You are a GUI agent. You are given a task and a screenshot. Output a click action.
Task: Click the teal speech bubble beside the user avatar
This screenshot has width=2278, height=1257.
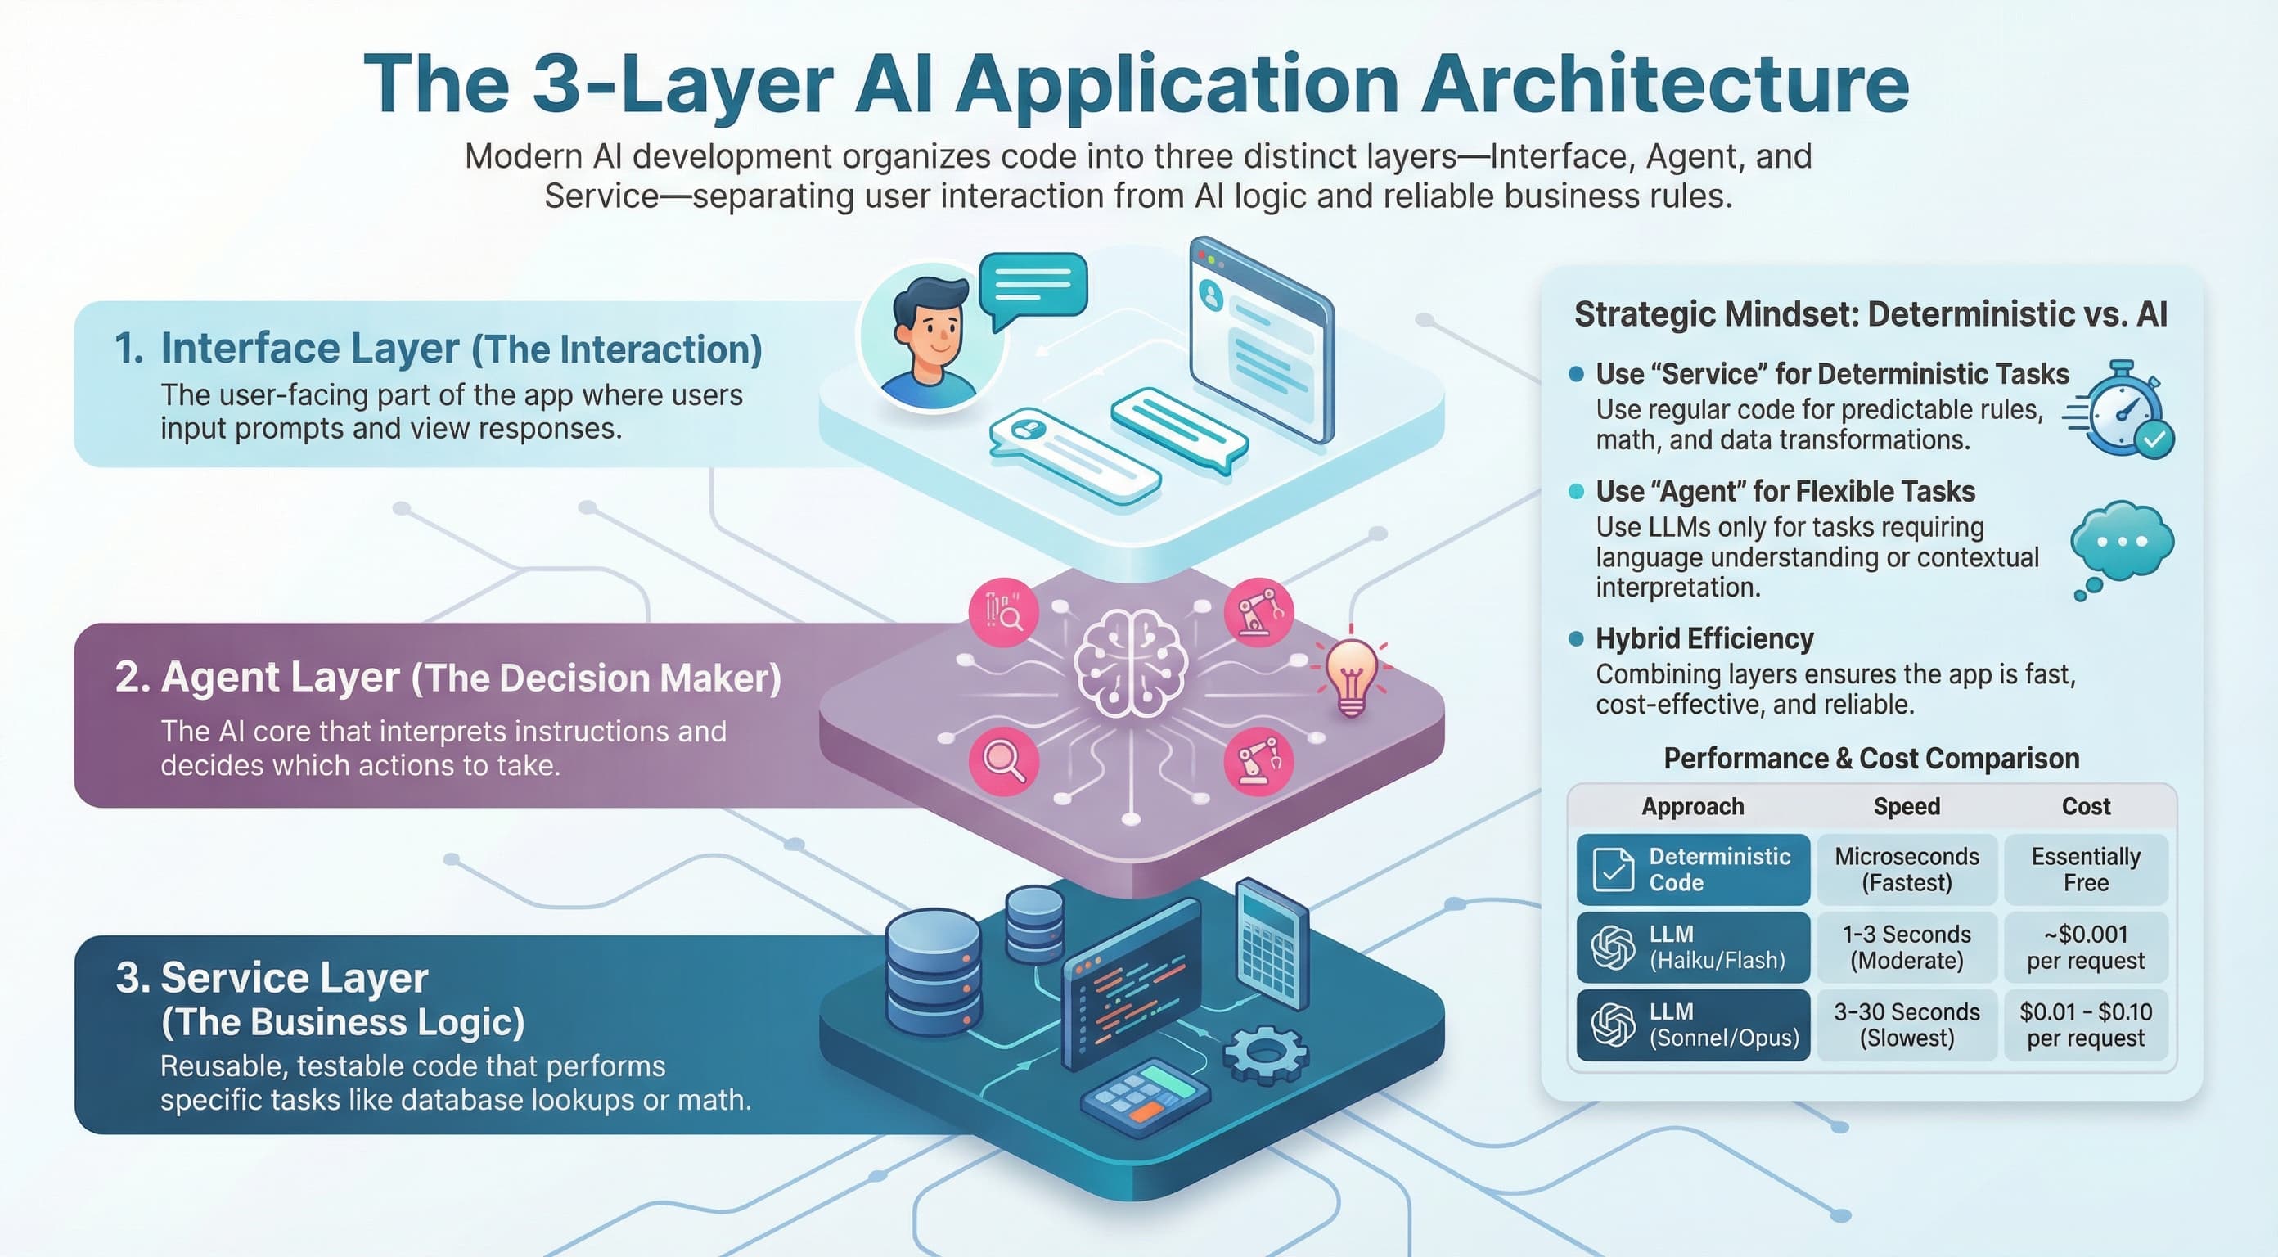tap(1033, 286)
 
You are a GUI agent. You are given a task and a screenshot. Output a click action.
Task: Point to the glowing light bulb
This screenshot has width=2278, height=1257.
tap(1350, 677)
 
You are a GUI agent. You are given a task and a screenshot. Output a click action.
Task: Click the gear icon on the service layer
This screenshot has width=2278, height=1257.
tap(1266, 1053)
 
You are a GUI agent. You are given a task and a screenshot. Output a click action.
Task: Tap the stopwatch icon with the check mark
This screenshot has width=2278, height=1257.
tap(2123, 409)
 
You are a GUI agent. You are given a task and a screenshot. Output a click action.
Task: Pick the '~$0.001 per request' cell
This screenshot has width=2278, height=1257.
tap(2085, 947)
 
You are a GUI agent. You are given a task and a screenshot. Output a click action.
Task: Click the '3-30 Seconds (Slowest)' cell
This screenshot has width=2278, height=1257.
tap(1907, 1025)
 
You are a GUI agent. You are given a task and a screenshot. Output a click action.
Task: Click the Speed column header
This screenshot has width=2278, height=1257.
tap(1907, 806)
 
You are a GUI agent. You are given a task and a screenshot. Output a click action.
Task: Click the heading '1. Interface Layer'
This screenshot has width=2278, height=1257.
tap(286, 348)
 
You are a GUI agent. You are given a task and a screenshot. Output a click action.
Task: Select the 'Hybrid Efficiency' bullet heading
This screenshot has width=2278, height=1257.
tap(1704, 638)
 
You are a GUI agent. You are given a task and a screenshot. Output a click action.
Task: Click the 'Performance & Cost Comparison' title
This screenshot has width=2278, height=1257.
tap(1871, 758)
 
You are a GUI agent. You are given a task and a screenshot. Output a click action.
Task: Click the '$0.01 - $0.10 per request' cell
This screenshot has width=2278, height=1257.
tap(2085, 1025)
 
